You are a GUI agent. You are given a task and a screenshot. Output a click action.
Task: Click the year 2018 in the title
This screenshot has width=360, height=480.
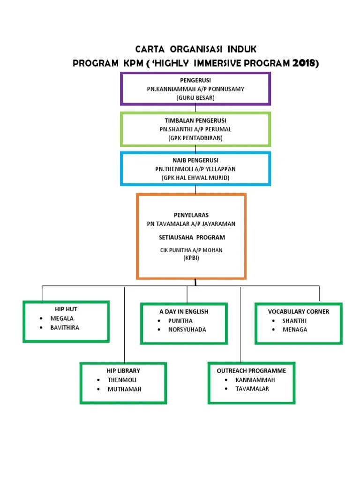point(304,63)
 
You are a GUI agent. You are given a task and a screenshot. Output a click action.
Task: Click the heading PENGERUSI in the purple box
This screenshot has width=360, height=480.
point(195,81)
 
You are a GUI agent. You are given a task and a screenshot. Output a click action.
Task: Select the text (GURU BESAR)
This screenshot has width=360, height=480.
point(195,97)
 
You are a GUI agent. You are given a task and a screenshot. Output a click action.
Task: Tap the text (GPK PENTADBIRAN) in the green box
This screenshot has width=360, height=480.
point(195,138)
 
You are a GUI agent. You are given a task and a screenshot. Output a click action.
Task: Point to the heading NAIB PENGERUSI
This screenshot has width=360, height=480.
point(195,160)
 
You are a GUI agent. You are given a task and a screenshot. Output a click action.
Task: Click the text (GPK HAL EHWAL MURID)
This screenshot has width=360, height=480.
point(195,178)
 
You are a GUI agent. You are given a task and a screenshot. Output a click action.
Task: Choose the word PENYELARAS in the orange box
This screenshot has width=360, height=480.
point(191,215)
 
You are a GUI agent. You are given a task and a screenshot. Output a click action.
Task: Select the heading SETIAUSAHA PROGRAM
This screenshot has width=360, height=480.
point(192,237)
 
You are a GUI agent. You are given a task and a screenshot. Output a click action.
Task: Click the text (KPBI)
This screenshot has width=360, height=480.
point(191,258)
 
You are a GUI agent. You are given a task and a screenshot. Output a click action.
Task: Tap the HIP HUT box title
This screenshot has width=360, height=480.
point(66,309)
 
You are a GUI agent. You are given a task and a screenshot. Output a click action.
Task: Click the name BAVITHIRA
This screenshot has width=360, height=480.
point(65,328)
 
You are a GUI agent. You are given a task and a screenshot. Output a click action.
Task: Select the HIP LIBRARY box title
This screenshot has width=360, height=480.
point(123,371)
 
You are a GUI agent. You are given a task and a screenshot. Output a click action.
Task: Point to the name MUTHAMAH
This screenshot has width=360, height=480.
point(124,389)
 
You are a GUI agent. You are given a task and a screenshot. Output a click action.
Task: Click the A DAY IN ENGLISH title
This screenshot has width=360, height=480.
point(184,312)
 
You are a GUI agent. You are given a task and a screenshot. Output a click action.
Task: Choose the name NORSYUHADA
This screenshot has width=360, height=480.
point(187,330)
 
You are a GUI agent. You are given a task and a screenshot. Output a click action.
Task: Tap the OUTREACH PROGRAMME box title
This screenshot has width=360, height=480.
point(251,371)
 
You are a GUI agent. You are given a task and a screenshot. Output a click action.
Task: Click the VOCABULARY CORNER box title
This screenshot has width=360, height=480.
point(299,312)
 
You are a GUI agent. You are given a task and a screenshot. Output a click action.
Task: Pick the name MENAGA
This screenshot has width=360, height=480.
point(295,330)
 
